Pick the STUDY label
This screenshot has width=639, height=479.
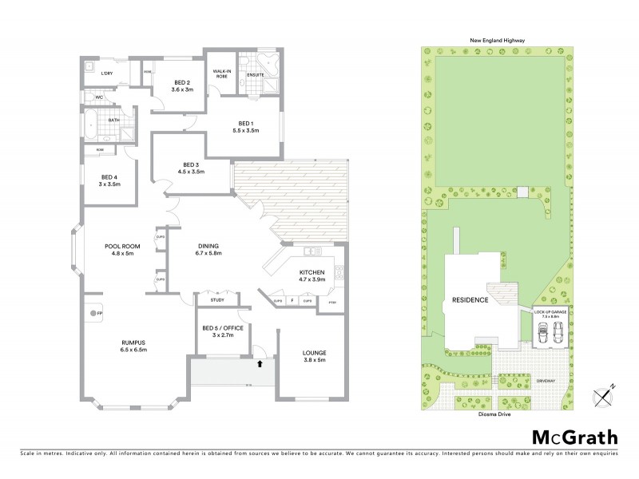click(x=216, y=301)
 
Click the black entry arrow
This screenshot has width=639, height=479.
click(x=259, y=365)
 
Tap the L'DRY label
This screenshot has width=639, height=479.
click(x=106, y=73)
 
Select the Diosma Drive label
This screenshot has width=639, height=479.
click(x=492, y=415)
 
